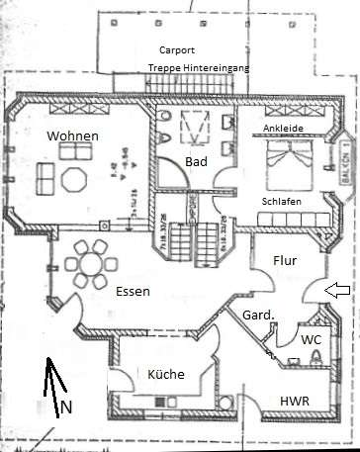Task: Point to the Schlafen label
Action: (x=282, y=201)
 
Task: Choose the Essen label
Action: (x=133, y=292)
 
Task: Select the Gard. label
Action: (x=258, y=315)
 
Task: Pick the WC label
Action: (x=312, y=339)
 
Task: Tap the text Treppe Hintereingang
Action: (x=199, y=66)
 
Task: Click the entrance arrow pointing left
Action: (x=336, y=290)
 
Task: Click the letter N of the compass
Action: (x=66, y=407)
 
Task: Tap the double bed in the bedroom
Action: (x=292, y=163)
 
